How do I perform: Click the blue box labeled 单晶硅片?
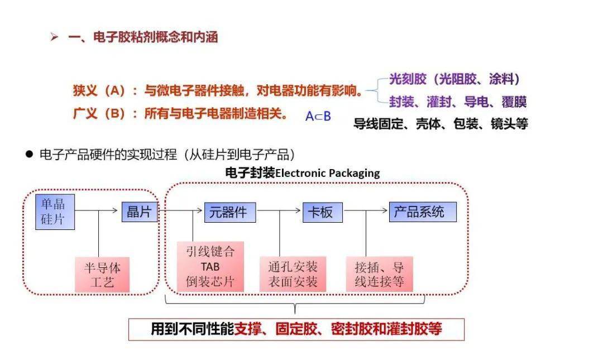[x=54, y=212]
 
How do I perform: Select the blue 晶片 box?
[x=139, y=212]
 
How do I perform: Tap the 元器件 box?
[x=229, y=212]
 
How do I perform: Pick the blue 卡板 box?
[x=322, y=212]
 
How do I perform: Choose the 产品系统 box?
[x=422, y=212]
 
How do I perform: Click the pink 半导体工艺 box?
[x=102, y=275]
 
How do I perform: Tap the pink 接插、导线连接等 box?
[x=379, y=274]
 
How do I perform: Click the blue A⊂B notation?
[x=318, y=116]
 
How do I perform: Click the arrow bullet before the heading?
[x=54, y=37]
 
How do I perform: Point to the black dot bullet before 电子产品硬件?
[x=30, y=153]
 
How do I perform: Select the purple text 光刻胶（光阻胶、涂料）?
[x=454, y=79]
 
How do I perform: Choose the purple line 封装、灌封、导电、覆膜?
[x=457, y=102]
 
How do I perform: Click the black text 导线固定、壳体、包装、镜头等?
[x=441, y=123]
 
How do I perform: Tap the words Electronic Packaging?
[x=327, y=173]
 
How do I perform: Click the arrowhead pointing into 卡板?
[x=299, y=210]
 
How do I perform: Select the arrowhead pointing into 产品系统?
[x=385, y=210]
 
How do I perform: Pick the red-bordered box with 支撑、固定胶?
[x=296, y=329]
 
